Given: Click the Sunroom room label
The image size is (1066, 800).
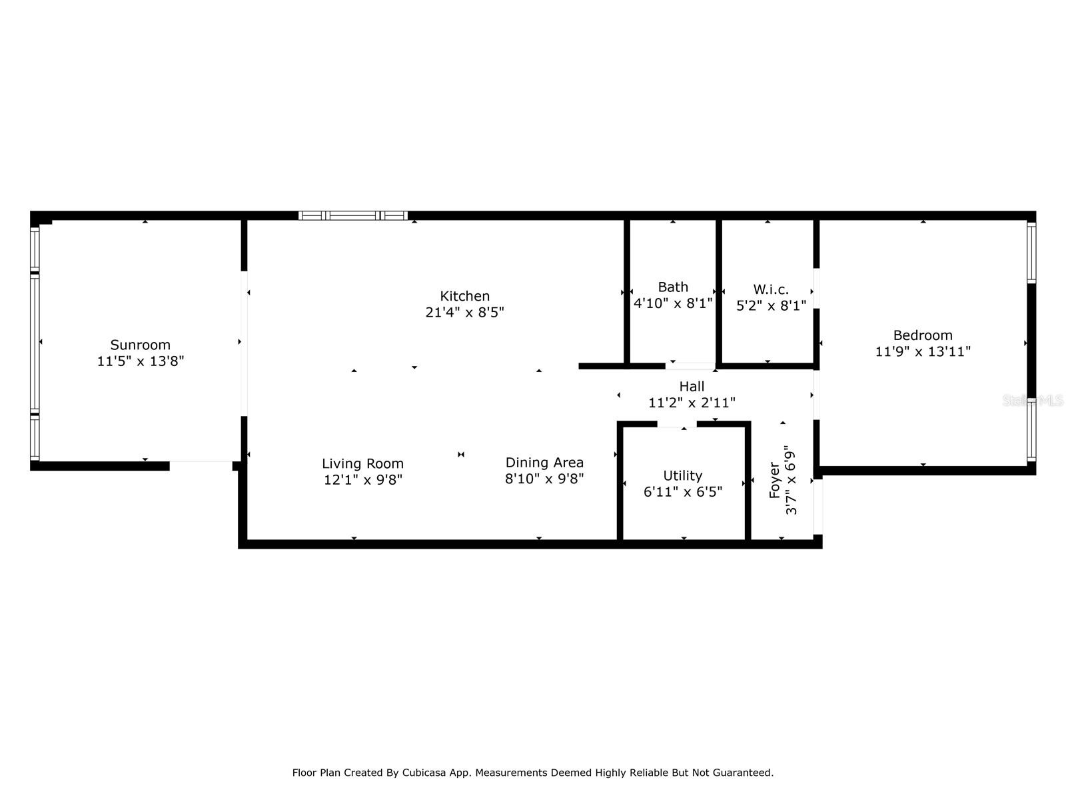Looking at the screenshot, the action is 141,345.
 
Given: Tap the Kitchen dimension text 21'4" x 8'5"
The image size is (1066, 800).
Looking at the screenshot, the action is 465,312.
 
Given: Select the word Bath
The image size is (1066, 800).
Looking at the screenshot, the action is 673,287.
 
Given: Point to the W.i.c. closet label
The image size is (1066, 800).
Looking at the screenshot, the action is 772,289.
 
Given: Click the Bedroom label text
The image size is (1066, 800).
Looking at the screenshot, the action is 923,335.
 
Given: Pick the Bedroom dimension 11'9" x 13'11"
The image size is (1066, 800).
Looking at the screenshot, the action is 923,351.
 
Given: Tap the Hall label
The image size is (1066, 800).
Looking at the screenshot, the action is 692,387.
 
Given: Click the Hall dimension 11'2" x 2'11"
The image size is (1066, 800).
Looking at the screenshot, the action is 692,403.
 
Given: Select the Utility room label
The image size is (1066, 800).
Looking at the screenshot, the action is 683,475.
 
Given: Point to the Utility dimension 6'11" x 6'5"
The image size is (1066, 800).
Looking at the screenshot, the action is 683,492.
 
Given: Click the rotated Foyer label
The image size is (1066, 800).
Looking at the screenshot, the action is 775,481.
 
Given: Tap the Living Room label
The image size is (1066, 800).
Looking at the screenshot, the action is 363,464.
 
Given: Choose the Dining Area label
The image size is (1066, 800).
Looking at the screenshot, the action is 544,463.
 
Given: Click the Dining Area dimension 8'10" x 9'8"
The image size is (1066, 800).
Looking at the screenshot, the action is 544,479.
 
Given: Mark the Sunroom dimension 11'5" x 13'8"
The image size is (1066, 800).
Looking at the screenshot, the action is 141,361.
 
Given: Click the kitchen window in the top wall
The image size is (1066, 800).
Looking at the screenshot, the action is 353,215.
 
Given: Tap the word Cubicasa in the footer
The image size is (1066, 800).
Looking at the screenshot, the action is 424,773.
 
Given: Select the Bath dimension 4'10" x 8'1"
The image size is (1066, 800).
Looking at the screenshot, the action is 673,303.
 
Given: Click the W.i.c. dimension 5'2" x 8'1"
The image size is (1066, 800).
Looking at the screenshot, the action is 772,305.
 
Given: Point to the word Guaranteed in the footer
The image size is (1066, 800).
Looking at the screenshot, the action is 745,773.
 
